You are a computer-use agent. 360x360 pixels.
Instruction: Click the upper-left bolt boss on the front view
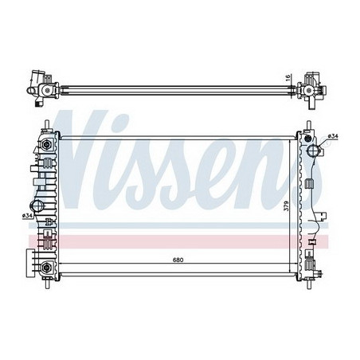tap(48, 145)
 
